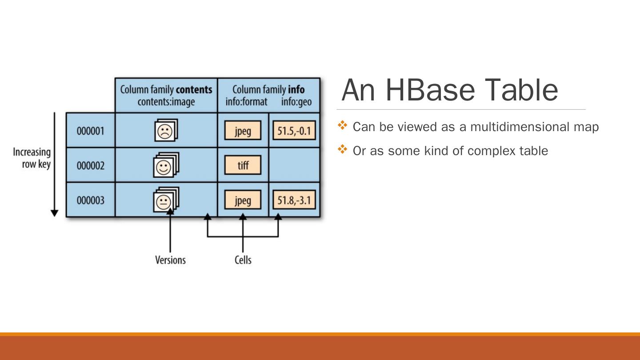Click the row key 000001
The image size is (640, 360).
91,131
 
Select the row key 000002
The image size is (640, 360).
91,166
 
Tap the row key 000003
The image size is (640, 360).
91,200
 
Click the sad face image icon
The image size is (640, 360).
165,131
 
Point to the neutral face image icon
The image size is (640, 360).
165,200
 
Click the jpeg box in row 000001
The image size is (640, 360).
243,131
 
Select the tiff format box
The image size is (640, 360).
243,166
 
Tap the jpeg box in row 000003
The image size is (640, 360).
243,200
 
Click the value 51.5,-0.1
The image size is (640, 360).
294,131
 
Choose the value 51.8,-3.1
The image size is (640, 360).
294,200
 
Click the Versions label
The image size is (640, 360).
170,260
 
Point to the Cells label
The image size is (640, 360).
243,260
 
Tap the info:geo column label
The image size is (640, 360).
296,102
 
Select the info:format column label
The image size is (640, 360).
246,102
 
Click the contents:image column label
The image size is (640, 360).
166,102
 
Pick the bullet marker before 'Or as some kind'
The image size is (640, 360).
342,150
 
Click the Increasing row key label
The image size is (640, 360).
32,158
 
